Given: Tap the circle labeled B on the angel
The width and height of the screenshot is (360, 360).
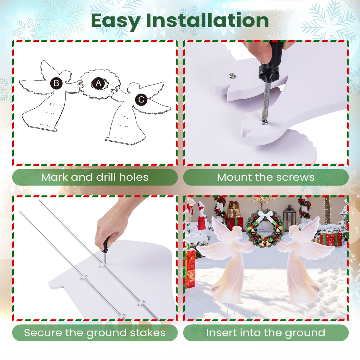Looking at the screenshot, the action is [56, 83].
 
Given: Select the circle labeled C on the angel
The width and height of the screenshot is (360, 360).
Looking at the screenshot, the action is [141, 100].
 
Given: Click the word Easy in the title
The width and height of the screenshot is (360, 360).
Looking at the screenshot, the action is [116, 21].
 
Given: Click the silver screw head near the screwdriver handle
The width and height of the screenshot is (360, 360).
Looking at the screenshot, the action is [232, 76].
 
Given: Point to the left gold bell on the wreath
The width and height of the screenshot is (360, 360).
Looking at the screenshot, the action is [253, 232].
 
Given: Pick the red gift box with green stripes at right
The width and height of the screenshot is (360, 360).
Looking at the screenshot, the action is [331, 239].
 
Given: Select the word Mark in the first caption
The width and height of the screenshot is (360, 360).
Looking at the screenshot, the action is [54, 177].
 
